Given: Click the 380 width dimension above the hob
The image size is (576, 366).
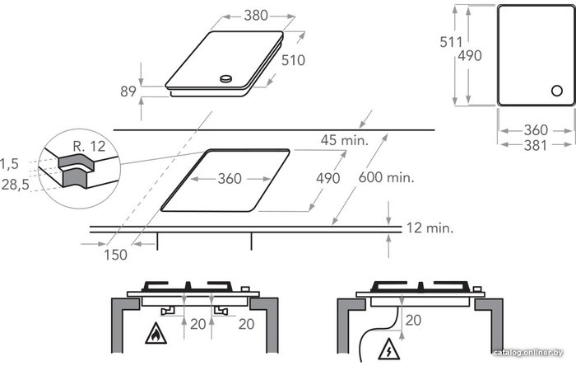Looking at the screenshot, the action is pos(256,16).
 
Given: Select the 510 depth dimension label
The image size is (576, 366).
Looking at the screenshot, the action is pos(293,60).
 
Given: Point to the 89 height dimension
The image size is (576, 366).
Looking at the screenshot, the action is pos(128,91).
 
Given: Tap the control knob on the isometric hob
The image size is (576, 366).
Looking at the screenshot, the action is pos(226,78).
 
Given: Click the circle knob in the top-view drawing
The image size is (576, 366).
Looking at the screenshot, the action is pos(557,91).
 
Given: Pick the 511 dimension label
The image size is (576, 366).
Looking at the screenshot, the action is pos(451,42).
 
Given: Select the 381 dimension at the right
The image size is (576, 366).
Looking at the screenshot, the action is pos(536,146).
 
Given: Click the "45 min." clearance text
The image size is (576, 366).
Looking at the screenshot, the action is pos(344,140).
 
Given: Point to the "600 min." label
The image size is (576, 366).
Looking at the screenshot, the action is pos(386,178).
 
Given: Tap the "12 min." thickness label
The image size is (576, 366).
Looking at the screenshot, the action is pos(430,228).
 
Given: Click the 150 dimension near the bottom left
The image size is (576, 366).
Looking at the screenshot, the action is pos(115,255).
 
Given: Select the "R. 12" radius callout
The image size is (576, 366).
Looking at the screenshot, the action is pos(89,147).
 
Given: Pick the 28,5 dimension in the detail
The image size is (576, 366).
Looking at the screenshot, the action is pos(15,185).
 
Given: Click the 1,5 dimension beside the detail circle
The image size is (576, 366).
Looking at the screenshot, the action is pos(9,164).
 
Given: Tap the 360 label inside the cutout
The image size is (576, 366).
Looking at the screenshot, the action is pos(230,179).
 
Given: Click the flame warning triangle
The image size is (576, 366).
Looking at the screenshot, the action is pos(156,334).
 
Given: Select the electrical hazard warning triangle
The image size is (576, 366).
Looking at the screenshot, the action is pos(389,349).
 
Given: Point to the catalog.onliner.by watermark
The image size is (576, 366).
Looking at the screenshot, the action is pos(528,353).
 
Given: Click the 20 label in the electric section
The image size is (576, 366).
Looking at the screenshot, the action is pos(413,321).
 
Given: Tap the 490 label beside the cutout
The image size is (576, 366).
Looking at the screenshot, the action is pos(328,178).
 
